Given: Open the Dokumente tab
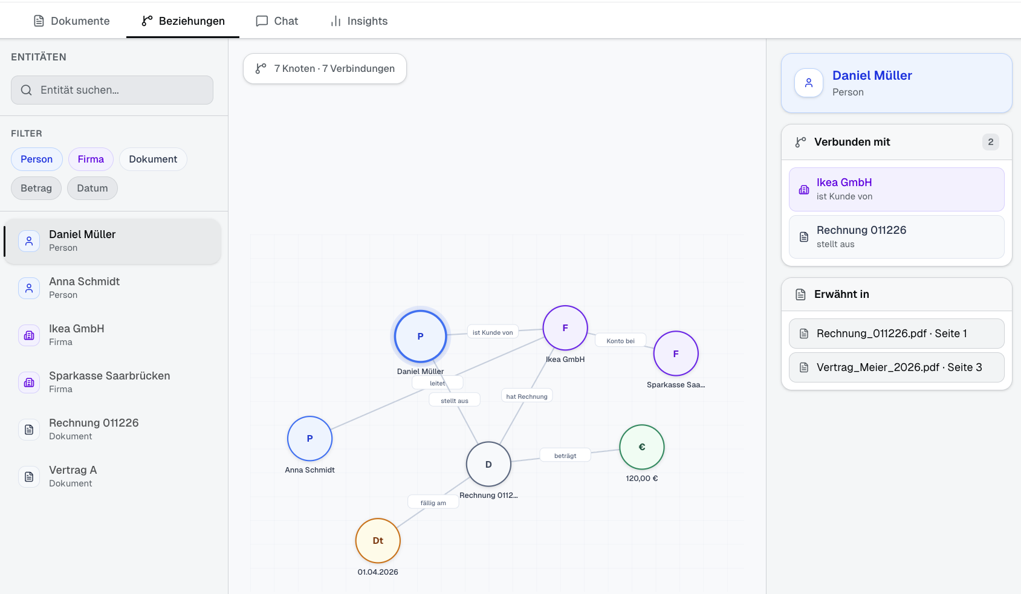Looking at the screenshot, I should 72,21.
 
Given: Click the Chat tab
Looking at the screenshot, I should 277,21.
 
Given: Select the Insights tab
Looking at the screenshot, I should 359,21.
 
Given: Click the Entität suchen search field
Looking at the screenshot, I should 112,90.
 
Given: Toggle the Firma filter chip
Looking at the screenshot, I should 91,160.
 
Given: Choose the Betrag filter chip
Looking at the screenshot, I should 36,189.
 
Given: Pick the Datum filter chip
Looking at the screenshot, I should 92,189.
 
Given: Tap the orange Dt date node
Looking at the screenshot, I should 378,541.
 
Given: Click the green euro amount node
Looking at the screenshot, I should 642,447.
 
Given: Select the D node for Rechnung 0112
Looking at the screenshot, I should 488,464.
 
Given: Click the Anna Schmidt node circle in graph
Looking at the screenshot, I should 310,439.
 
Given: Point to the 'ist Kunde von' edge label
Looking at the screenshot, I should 493,332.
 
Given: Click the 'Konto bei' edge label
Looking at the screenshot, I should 620,341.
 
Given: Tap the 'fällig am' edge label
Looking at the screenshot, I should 433,503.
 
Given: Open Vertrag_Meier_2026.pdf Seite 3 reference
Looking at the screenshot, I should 896,367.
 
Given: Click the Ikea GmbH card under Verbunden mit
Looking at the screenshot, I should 896,189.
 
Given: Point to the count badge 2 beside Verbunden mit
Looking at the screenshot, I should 990,142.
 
